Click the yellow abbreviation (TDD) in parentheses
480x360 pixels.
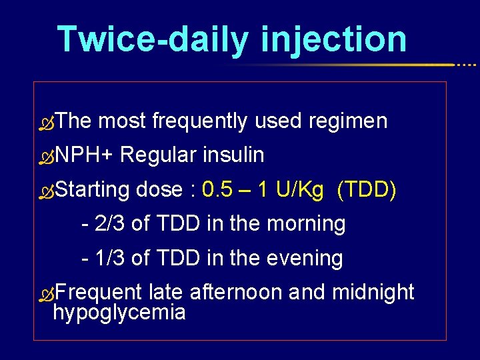coord(367,191)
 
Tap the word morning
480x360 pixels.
coord(306,225)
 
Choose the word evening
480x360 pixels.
coord(305,259)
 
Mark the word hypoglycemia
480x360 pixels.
coord(119,312)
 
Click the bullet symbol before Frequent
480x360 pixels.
coord(45,294)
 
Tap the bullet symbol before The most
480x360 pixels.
coord(45,123)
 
